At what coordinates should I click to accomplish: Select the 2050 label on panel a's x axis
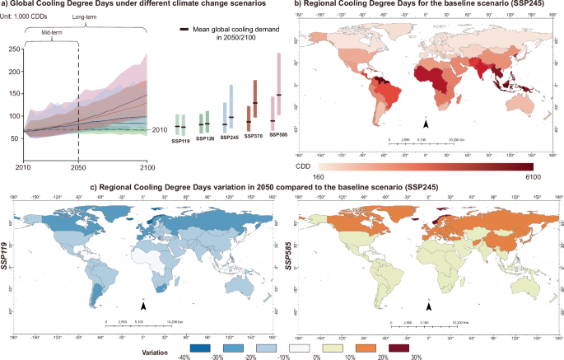pyautogui.click(x=78, y=167)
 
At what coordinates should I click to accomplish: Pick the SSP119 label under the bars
pyautogui.click(x=180, y=141)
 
